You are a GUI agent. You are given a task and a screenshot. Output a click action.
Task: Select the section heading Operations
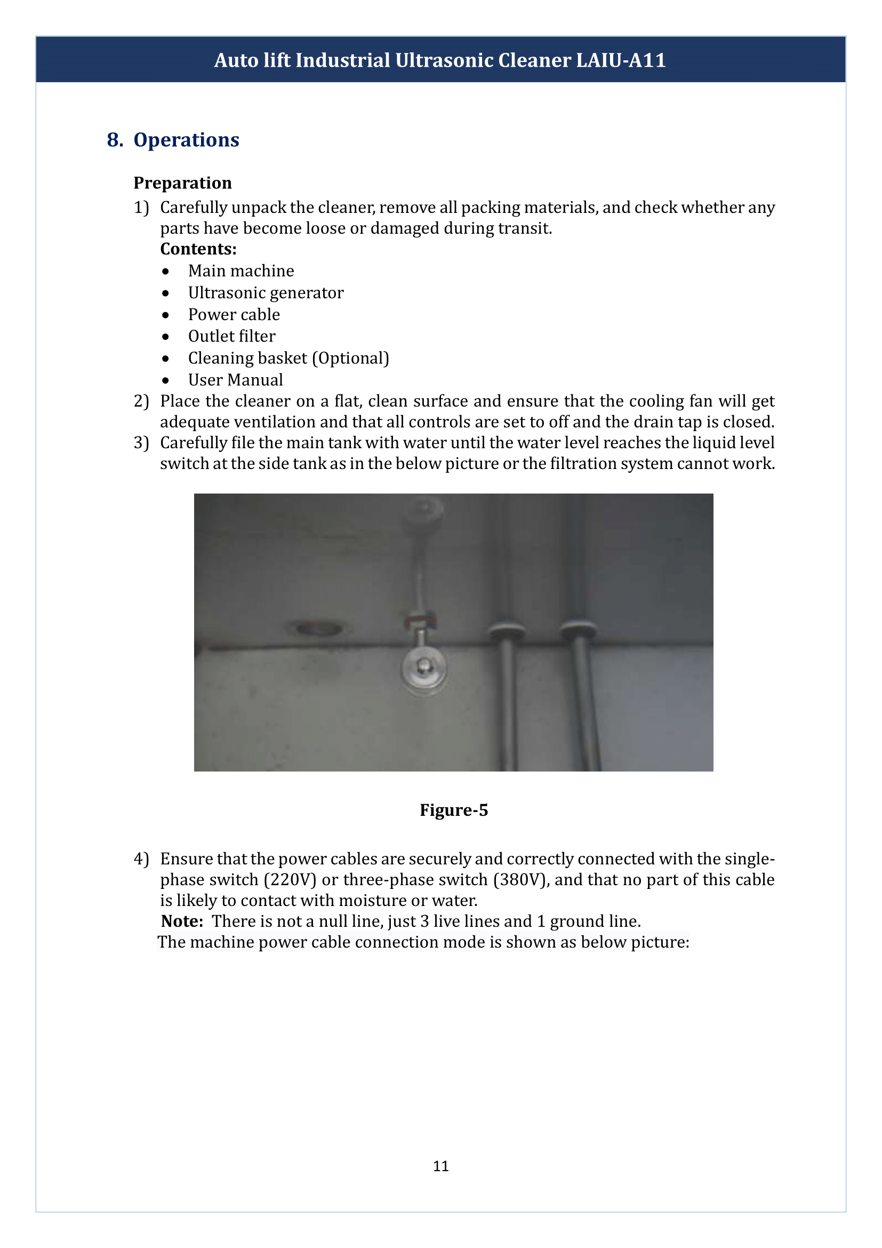point(186,140)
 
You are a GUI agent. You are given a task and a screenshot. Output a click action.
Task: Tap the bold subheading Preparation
point(182,182)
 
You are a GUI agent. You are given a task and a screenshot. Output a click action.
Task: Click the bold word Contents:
point(198,249)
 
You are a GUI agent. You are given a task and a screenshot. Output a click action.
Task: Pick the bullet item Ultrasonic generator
point(266,293)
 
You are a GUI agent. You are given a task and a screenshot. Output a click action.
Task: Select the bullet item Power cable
point(234,315)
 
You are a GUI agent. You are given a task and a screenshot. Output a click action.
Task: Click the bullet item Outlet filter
point(231,337)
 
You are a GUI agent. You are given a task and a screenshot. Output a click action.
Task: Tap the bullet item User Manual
point(235,380)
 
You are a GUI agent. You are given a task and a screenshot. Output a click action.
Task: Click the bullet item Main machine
point(240,271)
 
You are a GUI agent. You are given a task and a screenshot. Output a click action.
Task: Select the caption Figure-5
point(453,810)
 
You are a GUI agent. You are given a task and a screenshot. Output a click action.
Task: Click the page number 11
point(440,1166)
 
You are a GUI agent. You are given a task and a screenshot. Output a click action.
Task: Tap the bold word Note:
point(182,921)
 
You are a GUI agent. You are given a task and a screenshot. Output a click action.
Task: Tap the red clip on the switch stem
point(421,618)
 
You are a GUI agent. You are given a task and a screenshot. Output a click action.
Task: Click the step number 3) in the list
point(141,443)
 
